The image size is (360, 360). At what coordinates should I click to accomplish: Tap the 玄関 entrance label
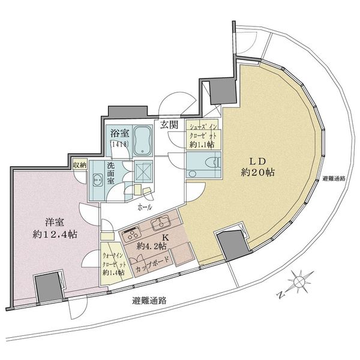(x=169, y=125)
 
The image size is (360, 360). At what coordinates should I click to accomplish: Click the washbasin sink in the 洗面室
(x=97, y=178)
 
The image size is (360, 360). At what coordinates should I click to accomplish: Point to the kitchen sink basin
(x=160, y=226)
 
